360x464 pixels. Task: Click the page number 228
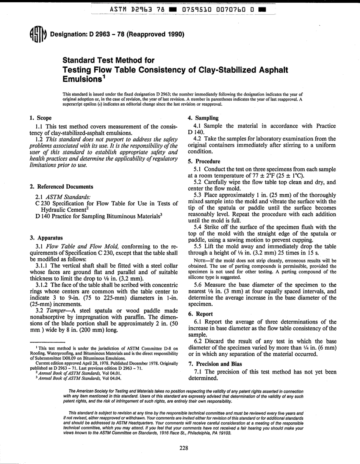click(x=184, y=448)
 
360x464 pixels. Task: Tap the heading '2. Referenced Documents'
click(x=61, y=187)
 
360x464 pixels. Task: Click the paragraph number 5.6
click(x=199, y=284)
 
